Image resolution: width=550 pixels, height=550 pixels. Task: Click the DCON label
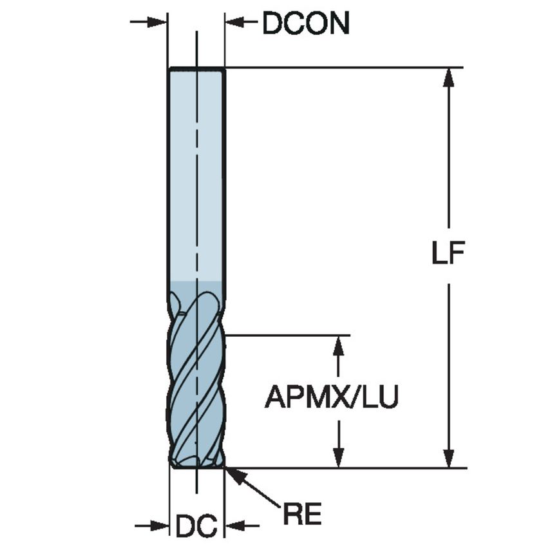tap(305, 24)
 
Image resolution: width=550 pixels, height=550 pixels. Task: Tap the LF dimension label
tap(448, 254)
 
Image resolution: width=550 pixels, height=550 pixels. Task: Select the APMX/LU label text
tap(332, 397)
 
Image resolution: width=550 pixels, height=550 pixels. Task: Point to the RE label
tap(302, 515)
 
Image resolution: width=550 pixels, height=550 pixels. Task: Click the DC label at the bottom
tap(196, 527)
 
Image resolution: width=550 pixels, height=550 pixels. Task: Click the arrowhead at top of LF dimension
tap(449, 77)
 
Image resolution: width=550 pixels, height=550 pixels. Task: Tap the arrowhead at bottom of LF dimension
tap(449, 459)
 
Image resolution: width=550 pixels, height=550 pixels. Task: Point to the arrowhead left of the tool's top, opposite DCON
tap(158, 23)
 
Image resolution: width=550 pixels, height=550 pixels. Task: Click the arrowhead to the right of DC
tap(232, 526)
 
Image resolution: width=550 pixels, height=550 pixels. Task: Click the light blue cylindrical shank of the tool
tap(196, 174)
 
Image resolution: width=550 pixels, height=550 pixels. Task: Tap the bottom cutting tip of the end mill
tap(196, 464)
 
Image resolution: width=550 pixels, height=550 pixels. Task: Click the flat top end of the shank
tap(196, 68)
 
